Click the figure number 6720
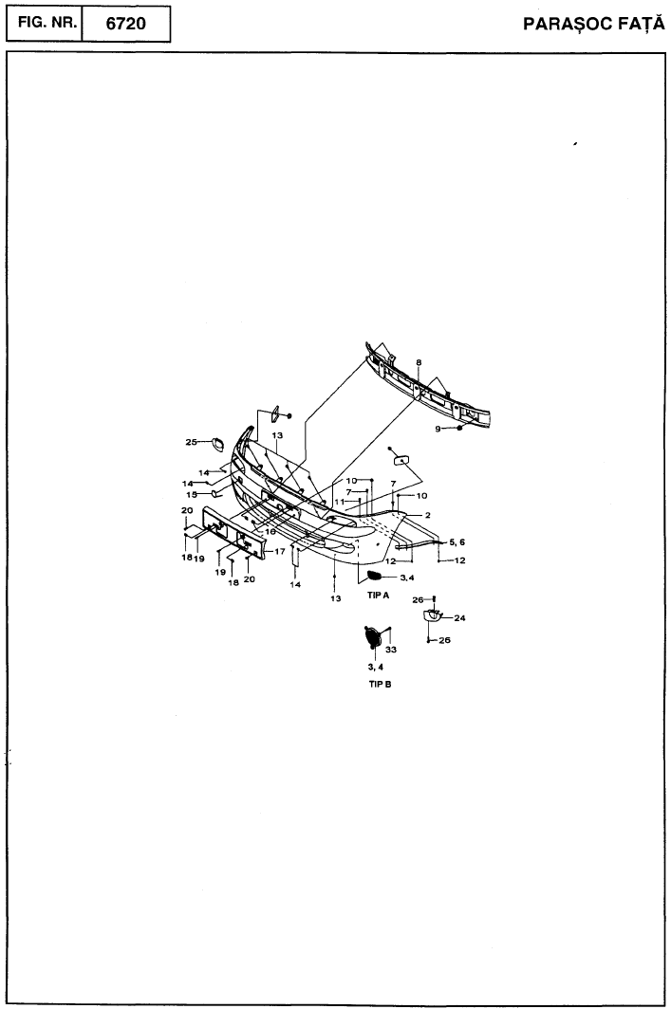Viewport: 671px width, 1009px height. click(x=125, y=24)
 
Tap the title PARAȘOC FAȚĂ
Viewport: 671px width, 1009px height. click(x=593, y=25)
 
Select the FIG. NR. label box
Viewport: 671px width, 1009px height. click(x=45, y=24)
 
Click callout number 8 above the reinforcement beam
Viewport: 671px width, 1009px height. click(x=419, y=363)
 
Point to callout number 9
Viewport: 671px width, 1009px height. click(x=438, y=430)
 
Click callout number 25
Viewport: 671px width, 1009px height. click(x=191, y=442)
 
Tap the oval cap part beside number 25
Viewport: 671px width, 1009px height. click(x=217, y=444)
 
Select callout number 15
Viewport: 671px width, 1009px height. click(x=192, y=495)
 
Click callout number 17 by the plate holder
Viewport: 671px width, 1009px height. click(x=279, y=552)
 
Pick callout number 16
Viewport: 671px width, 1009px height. click(x=270, y=531)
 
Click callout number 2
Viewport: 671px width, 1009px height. click(x=428, y=516)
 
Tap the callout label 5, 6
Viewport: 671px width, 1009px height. click(x=457, y=542)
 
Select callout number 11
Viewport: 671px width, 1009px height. click(x=339, y=502)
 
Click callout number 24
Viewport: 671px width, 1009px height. click(x=459, y=618)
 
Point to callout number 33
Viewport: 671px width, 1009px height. click(x=391, y=650)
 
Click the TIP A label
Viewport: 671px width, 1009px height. click(x=378, y=596)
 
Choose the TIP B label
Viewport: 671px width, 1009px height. click(x=380, y=684)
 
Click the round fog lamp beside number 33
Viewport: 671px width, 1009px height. click(x=372, y=636)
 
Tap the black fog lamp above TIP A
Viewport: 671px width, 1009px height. click(x=375, y=576)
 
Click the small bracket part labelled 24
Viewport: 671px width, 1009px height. click(x=432, y=616)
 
